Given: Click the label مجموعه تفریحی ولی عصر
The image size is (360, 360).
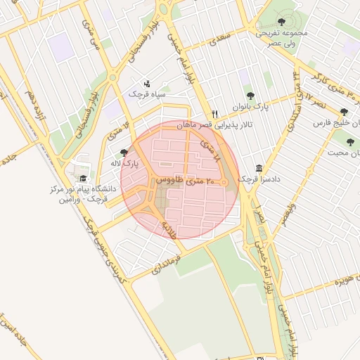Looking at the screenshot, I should (281, 37).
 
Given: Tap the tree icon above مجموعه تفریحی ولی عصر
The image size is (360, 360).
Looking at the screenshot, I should (282, 22).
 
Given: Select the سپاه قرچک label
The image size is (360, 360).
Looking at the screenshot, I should (146, 93).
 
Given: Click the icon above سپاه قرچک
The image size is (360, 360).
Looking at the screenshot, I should (146, 82).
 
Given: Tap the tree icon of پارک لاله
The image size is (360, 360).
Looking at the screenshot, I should (124, 153).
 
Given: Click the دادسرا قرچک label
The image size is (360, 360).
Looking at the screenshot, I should (259, 180).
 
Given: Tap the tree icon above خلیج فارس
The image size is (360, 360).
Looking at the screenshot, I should (344, 112).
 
